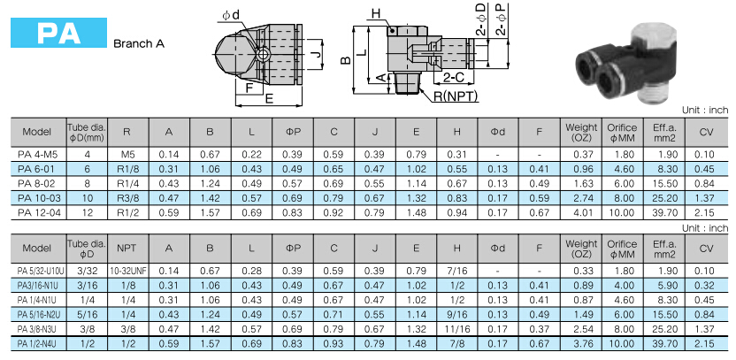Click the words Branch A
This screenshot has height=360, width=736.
pos(138,42)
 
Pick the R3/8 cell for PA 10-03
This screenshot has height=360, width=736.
pos(127,198)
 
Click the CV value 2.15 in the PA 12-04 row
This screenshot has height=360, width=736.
pos(704,212)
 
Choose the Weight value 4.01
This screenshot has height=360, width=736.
pos(580,212)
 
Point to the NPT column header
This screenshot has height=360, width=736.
pos(127,249)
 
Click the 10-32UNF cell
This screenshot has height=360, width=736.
pos(127,270)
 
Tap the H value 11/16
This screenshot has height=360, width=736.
pos(456,327)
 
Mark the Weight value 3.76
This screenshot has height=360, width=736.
pos(580,341)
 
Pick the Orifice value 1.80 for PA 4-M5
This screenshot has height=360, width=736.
pos(622,155)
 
